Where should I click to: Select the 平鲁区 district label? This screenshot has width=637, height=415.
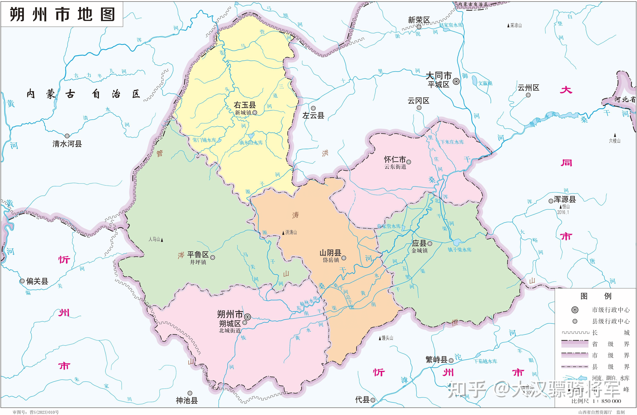198,255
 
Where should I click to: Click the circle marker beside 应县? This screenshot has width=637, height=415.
430,244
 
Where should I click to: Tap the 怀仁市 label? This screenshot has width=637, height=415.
395,160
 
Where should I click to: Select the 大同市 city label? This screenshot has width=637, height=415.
438,76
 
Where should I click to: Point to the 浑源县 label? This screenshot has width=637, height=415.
565,199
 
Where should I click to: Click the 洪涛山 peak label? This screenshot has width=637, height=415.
291,232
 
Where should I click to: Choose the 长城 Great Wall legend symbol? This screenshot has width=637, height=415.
575,333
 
